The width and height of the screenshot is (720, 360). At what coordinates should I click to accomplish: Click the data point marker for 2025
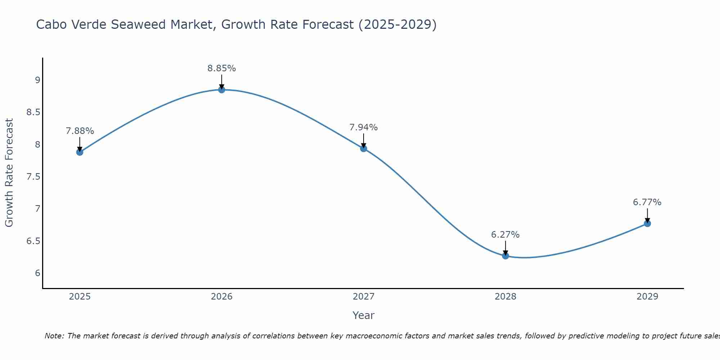click(x=80, y=152)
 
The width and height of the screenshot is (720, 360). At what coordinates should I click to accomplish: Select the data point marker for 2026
click(x=222, y=90)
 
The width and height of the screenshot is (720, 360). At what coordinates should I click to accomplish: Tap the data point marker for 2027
click(x=364, y=148)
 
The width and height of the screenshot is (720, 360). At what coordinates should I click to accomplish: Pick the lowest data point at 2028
click(x=505, y=256)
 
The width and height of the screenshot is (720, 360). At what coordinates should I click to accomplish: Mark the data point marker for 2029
click(x=647, y=224)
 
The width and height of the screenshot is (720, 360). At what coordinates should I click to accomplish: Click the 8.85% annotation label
click(x=222, y=68)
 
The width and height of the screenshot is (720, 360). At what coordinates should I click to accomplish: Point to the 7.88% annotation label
click(x=80, y=131)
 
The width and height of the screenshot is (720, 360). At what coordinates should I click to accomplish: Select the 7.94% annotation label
click(x=364, y=127)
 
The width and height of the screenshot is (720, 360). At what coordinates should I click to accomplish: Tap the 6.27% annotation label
click(x=505, y=235)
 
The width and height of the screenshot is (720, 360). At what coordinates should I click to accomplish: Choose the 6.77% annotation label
click(x=647, y=202)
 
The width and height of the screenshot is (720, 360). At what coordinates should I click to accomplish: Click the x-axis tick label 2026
click(x=222, y=297)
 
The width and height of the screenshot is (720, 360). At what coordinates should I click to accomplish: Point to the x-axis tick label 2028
click(x=505, y=297)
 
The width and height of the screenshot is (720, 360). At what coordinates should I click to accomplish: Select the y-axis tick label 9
click(x=37, y=80)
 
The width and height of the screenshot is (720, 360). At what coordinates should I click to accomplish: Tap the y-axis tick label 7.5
click(x=33, y=177)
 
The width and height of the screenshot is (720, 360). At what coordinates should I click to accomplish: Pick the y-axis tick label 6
click(x=37, y=273)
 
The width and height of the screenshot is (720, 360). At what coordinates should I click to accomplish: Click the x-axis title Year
click(x=364, y=315)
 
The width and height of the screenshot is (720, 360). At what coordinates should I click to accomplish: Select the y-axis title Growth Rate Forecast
click(x=9, y=173)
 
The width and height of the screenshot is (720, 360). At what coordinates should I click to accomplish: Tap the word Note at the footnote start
click(x=54, y=336)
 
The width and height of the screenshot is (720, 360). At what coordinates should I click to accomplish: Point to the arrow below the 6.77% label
click(x=647, y=215)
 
